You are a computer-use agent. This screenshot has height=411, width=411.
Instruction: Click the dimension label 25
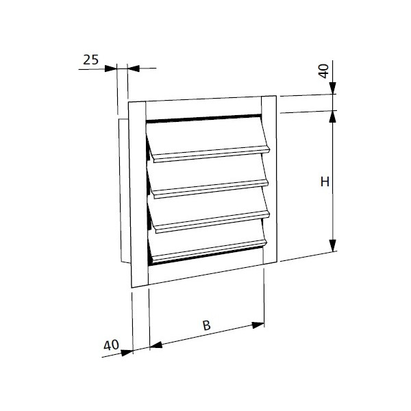90,60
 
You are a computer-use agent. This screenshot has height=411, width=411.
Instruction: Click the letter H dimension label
325,182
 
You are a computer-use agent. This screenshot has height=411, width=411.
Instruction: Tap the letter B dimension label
206,327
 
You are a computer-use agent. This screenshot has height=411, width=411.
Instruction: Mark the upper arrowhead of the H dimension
333,116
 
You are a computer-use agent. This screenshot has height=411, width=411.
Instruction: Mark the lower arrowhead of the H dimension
333,246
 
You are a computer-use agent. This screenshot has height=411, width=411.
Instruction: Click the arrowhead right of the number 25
133,68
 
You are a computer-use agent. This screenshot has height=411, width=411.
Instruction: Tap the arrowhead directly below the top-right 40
333,89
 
